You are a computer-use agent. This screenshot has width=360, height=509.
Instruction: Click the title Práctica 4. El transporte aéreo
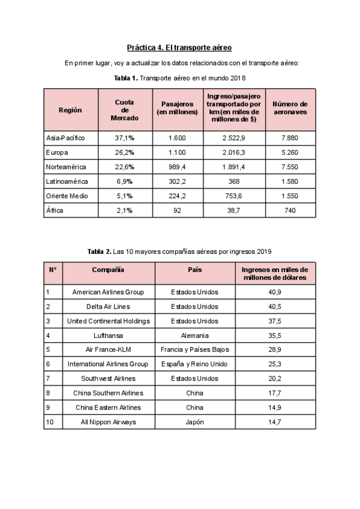(x=179, y=47)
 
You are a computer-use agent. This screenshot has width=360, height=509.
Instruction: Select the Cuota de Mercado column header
(x=124, y=110)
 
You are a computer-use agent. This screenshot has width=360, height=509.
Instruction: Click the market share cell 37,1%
(x=124, y=137)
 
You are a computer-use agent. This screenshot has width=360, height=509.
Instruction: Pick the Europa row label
(x=57, y=152)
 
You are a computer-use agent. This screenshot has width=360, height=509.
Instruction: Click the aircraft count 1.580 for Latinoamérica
(x=289, y=181)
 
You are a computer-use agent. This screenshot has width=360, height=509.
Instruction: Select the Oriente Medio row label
(x=67, y=195)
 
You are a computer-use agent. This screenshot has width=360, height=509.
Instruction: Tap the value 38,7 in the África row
(x=232, y=209)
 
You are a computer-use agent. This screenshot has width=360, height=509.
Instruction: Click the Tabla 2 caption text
(x=179, y=251)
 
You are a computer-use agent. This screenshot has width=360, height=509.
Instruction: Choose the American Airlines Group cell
(x=109, y=292)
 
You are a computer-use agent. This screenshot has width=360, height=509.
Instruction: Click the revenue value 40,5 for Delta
(x=275, y=306)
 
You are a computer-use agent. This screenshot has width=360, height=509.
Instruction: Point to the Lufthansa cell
(x=109, y=335)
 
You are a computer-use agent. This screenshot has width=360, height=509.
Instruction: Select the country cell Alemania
(x=195, y=335)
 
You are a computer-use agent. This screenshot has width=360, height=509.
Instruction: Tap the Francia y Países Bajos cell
(x=195, y=349)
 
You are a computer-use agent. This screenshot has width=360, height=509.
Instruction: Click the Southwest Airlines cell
(x=109, y=378)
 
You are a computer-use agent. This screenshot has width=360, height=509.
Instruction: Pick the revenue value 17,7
(x=275, y=393)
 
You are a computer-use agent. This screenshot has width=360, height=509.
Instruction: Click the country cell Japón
(x=195, y=421)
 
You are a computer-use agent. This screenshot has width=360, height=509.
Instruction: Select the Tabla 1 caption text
(x=179, y=78)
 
